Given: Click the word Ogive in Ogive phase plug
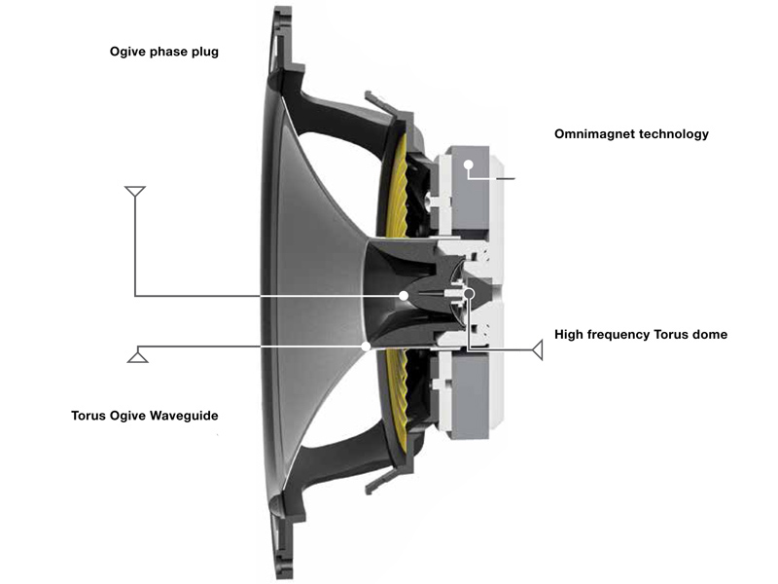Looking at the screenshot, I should pos(128,52).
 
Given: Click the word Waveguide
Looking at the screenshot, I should pos(183,416).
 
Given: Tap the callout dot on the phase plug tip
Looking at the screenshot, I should pos(404,295).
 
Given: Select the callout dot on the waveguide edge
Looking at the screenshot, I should pos(366,346).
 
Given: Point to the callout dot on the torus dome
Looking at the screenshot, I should pos(468,293).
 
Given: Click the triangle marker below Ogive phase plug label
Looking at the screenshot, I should pos(135,190).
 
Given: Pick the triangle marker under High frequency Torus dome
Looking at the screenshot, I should pos(536,348).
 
